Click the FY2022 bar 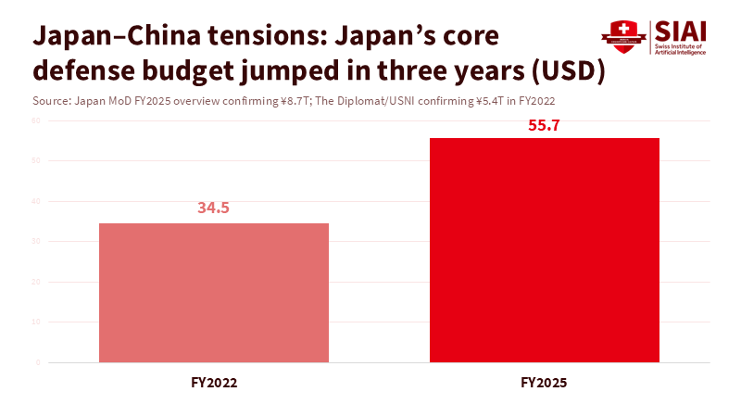(x=213, y=292)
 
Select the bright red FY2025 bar (x=544, y=250)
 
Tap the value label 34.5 (x=213, y=208)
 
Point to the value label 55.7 (x=544, y=125)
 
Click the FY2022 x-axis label (x=213, y=382)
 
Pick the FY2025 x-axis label (x=544, y=382)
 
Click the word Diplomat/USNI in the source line (x=385, y=100)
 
